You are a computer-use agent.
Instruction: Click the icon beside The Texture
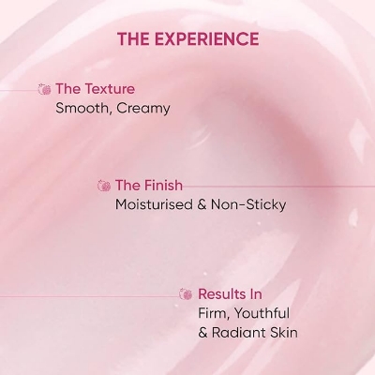(x=43, y=89)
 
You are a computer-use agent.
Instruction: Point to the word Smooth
(x=82, y=108)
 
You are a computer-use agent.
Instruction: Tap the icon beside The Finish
(x=104, y=186)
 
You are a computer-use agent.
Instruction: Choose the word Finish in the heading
(x=162, y=186)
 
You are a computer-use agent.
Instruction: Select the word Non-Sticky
(x=250, y=204)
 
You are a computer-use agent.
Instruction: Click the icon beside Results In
(x=186, y=294)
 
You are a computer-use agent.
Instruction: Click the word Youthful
(x=262, y=313)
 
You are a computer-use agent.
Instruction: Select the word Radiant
(x=242, y=332)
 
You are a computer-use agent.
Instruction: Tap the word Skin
(x=290, y=332)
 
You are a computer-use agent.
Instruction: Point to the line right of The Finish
(x=281, y=186)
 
